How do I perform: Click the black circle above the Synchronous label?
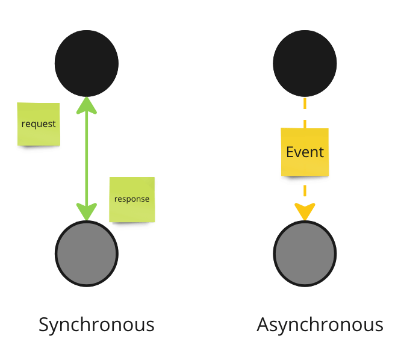87,63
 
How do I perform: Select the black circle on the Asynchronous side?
305,63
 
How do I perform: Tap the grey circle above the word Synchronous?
87,253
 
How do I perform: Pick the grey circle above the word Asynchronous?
305,253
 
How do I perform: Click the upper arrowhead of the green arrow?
87,105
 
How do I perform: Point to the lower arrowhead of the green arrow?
87,212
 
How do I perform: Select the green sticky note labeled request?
39,124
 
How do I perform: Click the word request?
39,124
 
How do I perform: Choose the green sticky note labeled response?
132,199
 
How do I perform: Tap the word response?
132,199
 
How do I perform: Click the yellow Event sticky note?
305,152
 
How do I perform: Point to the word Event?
305,152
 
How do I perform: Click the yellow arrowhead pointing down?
305,212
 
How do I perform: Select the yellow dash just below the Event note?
305,190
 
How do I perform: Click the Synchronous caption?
96,325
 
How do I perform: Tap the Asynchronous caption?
320,325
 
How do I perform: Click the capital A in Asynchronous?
264,324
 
